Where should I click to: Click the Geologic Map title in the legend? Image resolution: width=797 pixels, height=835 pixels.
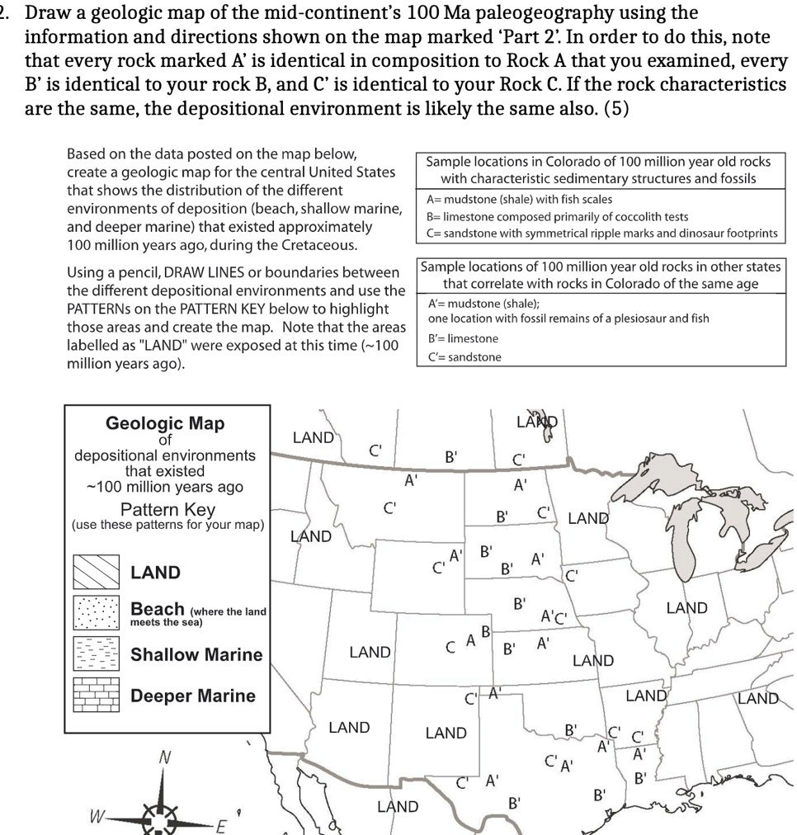pos(165,423)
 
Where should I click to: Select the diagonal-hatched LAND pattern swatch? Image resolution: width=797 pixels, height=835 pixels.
pos(97,571)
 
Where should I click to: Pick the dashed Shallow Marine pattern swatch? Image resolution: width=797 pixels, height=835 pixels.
pos(97,654)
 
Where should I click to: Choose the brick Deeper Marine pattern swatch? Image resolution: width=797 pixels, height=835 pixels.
pos(97,696)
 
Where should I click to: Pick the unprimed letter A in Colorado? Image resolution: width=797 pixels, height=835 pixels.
pos(470,639)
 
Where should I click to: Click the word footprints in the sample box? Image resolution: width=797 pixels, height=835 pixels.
pos(747,233)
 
